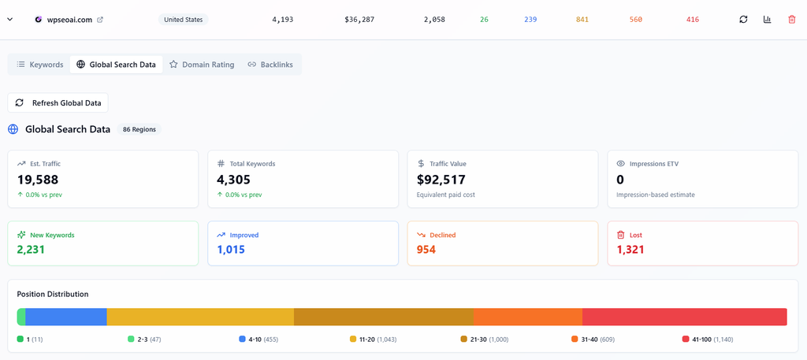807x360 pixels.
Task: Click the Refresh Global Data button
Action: click(58, 103)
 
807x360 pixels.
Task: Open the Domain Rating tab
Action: click(202, 65)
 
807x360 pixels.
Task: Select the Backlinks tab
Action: click(270, 65)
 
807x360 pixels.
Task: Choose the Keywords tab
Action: click(40, 65)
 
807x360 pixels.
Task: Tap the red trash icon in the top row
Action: click(791, 20)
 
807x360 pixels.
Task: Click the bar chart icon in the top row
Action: click(768, 20)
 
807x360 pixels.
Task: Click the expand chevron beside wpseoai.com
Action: click(9, 20)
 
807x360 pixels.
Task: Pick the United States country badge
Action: click(183, 20)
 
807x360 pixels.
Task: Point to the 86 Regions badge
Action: click(139, 130)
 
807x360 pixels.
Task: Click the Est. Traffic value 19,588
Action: click(38, 180)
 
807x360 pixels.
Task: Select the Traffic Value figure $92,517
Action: click(441, 180)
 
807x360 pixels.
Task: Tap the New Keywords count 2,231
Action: click(31, 250)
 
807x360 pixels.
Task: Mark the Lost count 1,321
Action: click(630, 250)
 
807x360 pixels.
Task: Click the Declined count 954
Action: click(426, 250)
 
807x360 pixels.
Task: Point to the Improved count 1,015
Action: click(231, 250)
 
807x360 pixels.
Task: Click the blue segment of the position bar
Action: click(66, 317)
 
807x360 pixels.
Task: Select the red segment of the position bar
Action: click(685, 317)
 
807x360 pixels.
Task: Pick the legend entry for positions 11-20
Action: click(373, 340)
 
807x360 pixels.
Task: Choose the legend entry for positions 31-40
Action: click(593, 340)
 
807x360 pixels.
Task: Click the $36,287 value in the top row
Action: click(359, 20)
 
